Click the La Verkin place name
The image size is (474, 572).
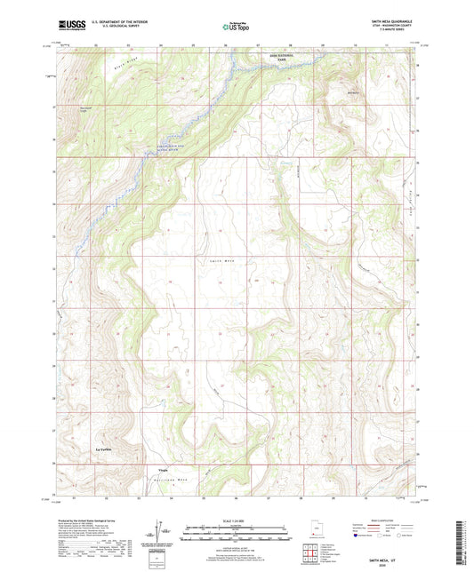pos(106,452)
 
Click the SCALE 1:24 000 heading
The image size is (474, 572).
pos(237,520)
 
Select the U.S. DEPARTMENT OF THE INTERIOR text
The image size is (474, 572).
pos(115,24)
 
